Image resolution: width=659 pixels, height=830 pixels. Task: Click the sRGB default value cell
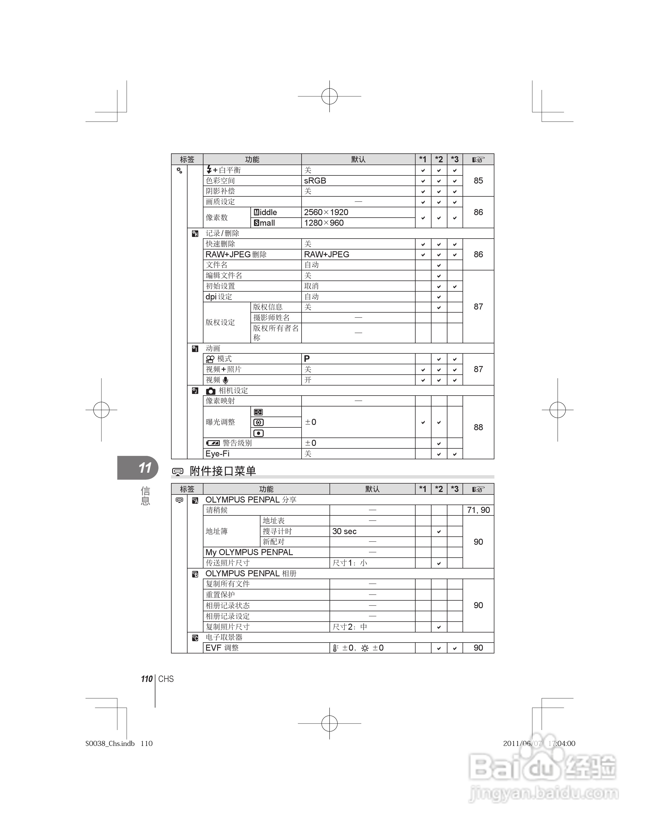click(315, 180)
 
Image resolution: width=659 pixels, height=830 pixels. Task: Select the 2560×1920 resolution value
click(326, 212)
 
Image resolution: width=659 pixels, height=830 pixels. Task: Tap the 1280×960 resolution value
click(324, 223)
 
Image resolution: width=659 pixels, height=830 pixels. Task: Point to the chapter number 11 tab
click(144, 468)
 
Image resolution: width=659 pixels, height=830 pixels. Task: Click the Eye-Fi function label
click(217, 454)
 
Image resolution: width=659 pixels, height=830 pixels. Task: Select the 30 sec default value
click(344, 531)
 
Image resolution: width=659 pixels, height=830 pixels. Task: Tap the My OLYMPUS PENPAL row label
click(249, 552)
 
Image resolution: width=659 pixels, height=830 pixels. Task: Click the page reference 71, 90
click(478, 510)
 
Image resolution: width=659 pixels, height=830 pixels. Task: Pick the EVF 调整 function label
click(222, 648)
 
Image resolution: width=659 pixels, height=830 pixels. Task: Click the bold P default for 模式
click(307, 359)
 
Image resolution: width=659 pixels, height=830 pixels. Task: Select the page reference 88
click(478, 427)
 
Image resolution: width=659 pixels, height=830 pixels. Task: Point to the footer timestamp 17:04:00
click(561, 743)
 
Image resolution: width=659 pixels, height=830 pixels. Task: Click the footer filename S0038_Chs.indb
click(110, 743)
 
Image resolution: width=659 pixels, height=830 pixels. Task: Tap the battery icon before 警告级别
click(213, 443)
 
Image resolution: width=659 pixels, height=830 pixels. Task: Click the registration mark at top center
click(329, 96)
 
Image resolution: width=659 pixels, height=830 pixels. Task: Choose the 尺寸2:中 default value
click(349, 627)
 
